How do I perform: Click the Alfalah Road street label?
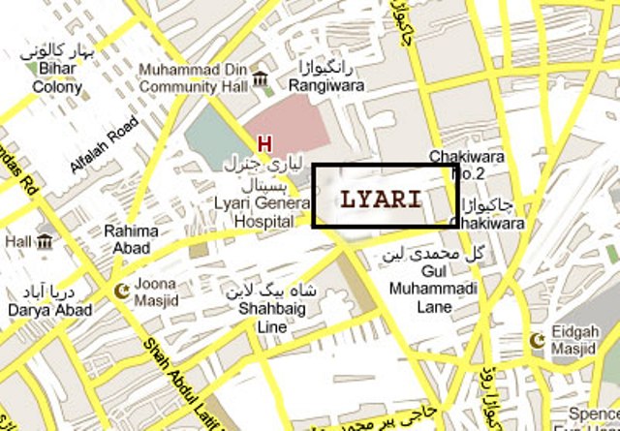(103, 144)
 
